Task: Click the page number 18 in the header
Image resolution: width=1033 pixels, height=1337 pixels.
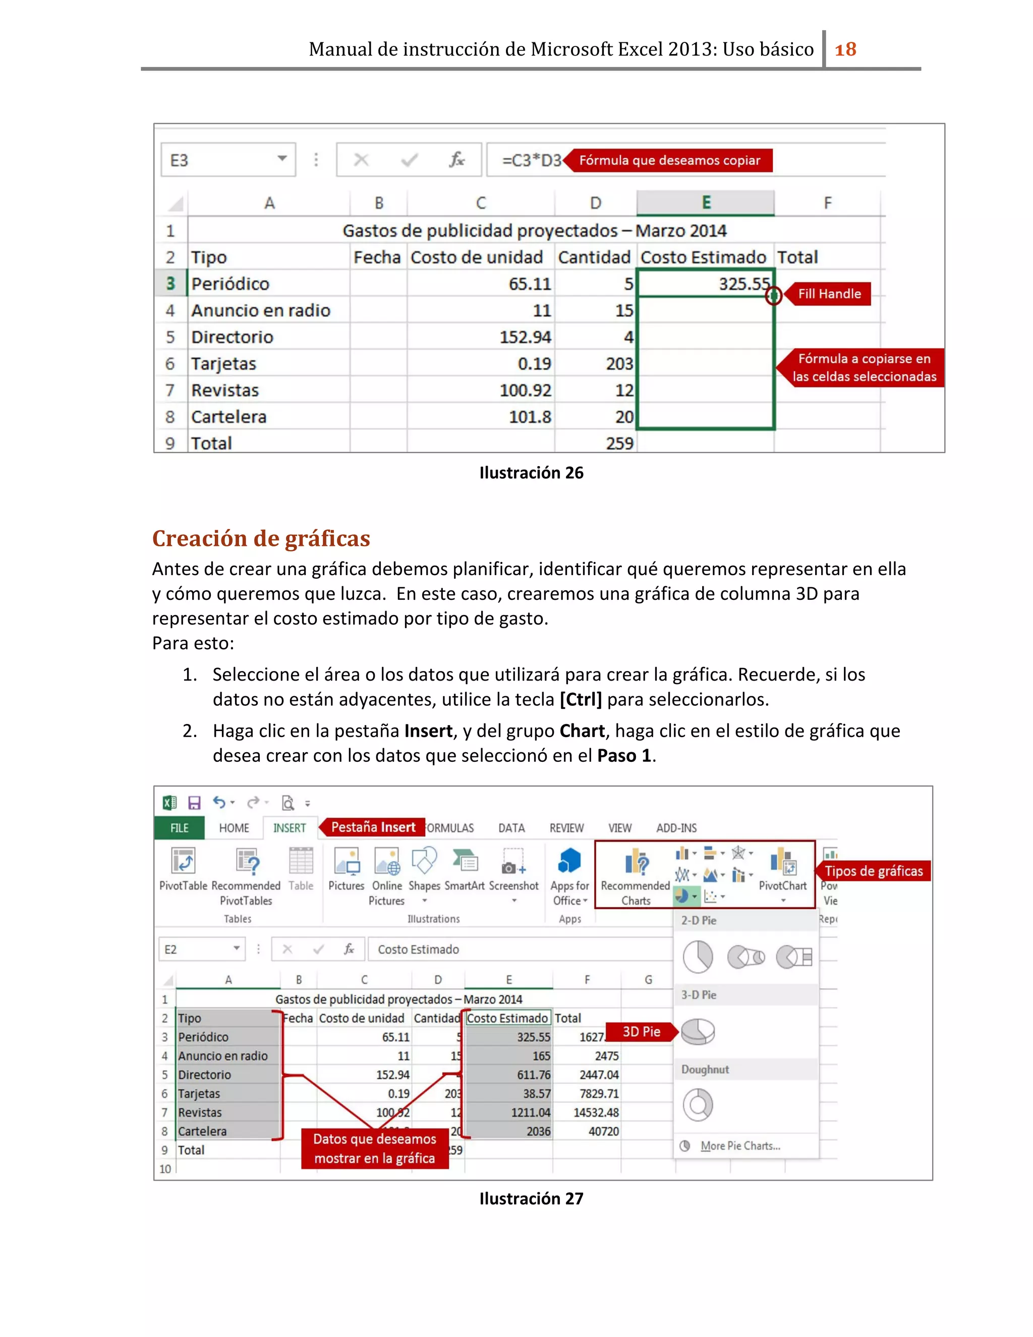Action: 845,49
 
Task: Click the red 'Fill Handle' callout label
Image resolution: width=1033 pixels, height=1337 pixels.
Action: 829,294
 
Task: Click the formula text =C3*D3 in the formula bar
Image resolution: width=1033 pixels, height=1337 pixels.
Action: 531,160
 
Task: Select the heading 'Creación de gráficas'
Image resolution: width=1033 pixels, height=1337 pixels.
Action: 261,538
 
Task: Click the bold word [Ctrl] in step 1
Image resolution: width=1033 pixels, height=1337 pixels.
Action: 580,699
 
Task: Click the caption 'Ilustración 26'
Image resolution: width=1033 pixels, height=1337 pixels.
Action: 531,473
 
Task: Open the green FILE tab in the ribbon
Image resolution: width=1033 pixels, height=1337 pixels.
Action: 179,827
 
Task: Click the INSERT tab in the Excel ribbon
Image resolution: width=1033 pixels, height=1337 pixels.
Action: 290,827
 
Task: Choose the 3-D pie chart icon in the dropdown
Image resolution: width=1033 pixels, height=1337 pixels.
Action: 698,1032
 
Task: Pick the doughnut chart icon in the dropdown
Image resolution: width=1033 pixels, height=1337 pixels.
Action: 698,1105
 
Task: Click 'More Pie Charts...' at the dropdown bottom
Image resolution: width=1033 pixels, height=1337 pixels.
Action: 739,1146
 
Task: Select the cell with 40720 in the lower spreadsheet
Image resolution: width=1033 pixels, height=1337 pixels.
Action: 603,1131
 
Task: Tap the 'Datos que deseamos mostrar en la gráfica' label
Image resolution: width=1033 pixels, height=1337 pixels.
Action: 375,1148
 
